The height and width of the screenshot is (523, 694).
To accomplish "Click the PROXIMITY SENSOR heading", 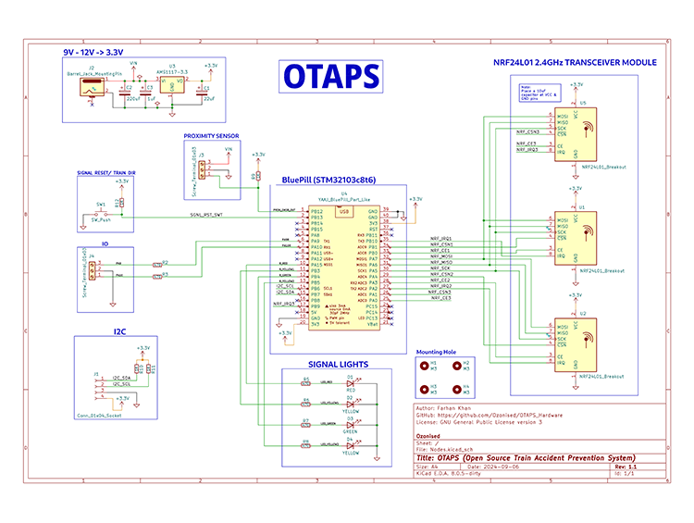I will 211,136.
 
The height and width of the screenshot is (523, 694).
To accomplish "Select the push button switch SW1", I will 101,214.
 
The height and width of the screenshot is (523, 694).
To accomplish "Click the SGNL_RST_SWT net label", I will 205,215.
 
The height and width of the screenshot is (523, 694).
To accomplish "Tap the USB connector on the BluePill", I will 345,212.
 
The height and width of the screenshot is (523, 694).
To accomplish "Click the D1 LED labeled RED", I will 350,383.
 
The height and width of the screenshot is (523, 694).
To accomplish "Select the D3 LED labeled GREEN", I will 350,424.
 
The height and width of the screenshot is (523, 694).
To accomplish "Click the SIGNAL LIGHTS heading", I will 331,364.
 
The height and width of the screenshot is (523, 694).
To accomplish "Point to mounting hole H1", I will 423,365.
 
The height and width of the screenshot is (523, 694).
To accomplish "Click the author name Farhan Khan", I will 454,407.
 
